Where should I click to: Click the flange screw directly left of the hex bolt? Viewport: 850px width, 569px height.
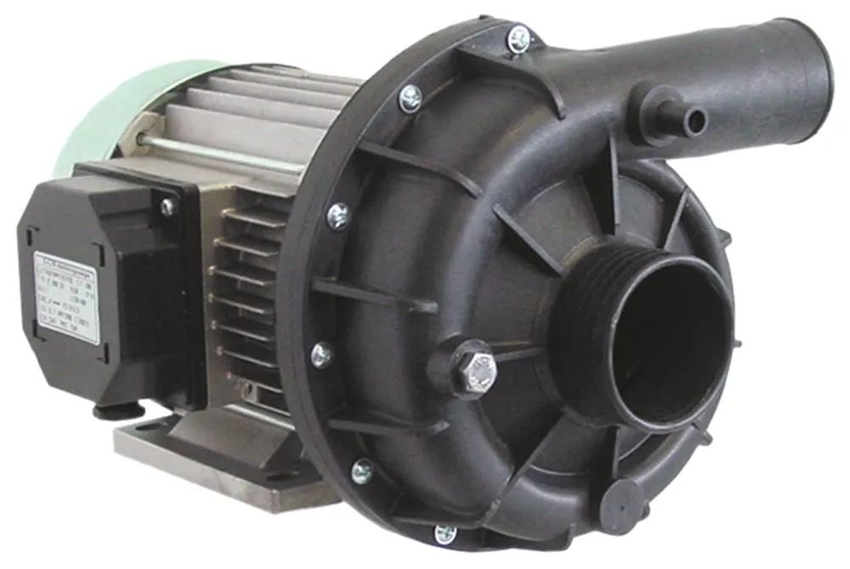[322, 355]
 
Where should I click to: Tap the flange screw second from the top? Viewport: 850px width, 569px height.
[411, 98]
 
